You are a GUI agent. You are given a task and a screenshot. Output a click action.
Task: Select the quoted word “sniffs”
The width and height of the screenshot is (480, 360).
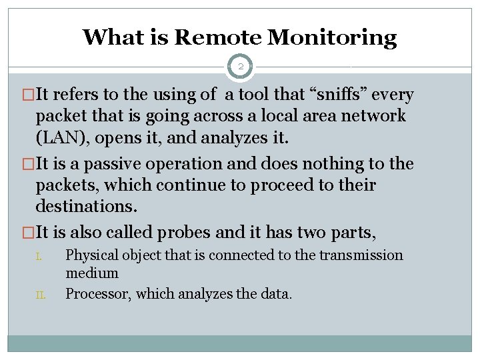click(340, 95)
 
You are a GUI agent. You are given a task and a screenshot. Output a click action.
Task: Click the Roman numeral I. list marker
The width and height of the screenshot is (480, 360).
click(39, 256)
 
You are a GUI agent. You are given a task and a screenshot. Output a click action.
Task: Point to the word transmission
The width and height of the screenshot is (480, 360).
click(361, 255)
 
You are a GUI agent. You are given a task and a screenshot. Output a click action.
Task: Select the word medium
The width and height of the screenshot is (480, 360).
click(92, 273)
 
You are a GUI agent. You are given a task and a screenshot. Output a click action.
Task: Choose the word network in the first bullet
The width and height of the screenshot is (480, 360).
click(373, 116)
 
